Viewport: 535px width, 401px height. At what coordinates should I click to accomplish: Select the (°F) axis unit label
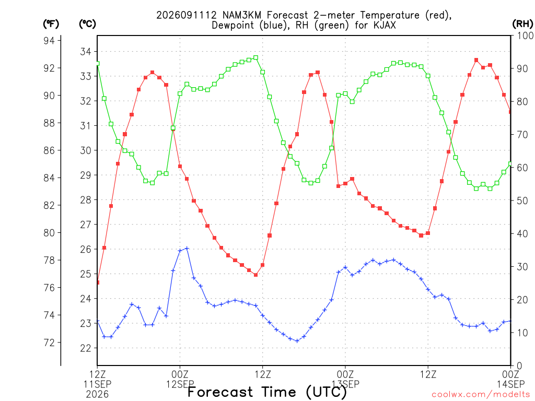click(x=51, y=24)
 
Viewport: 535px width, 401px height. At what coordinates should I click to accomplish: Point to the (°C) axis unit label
click(x=87, y=24)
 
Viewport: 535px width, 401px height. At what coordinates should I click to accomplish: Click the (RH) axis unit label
click(x=522, y=24)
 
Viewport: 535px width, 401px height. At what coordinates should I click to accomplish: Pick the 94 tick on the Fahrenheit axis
click(x=49, y=41)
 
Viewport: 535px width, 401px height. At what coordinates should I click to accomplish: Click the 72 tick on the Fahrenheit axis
click(x=49, y=343)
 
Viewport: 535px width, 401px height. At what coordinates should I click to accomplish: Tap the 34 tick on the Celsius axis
click(x=86, y=52)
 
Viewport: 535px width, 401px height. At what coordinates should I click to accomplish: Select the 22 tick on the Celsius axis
click(x=86, y=348)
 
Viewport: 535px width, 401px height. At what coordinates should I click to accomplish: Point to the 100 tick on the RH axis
click(x=525, y=36)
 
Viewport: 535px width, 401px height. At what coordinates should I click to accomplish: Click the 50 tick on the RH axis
click(x=522, y=201)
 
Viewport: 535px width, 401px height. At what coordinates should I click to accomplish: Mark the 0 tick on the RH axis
click(x=519, y=366)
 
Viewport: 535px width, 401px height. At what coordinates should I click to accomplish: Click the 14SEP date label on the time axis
click(x=510, y=384)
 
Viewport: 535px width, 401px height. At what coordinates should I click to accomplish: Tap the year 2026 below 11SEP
click(x=97, y=395)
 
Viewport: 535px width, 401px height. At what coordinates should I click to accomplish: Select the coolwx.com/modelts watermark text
click(x=481, y=395)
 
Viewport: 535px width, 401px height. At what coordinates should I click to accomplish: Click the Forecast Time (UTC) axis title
click(x=267, y=392)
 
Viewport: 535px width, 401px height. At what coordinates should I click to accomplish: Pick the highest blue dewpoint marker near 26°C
click(x=187, y=249)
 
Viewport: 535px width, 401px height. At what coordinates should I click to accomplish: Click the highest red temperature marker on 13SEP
click(x=476, y=60)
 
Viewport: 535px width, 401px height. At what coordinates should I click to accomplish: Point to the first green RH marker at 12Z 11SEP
click(x=98, y=63)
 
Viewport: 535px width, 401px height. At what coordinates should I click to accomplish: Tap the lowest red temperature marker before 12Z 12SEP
click(x=255, y=275)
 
